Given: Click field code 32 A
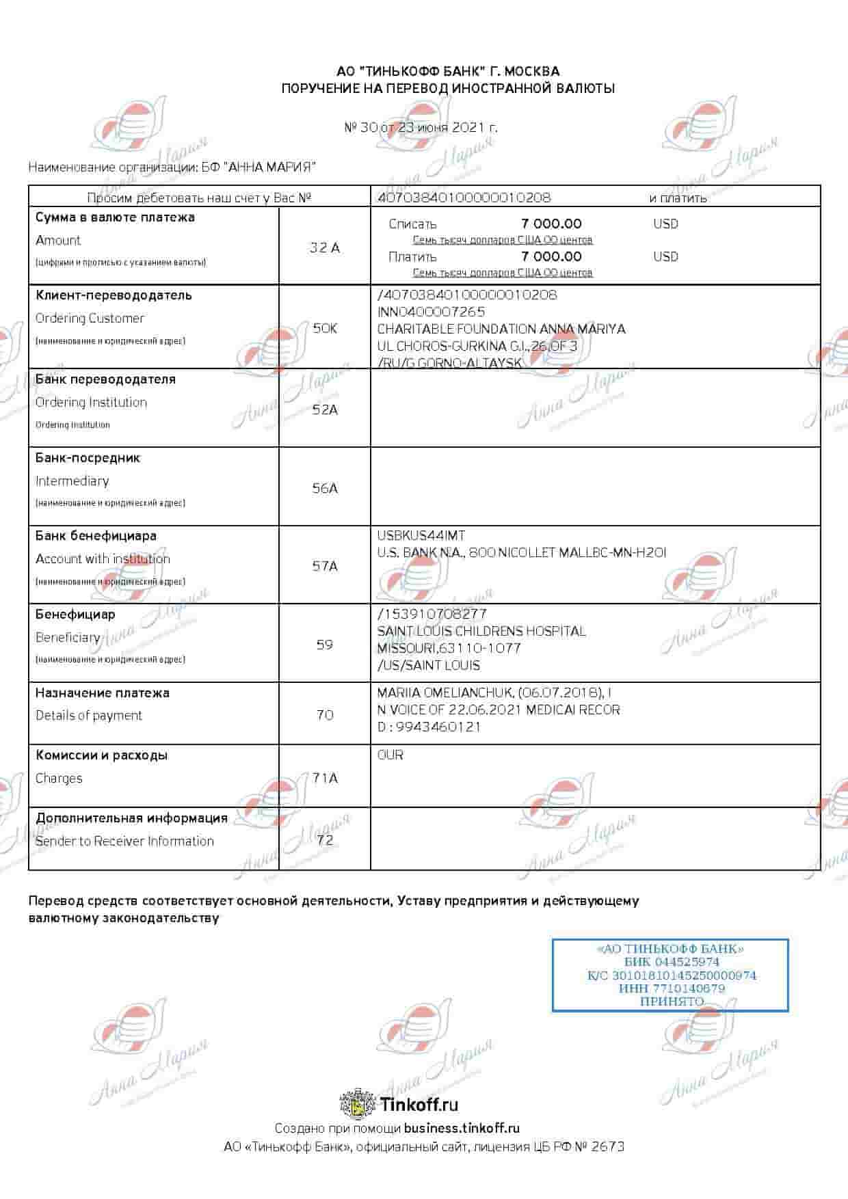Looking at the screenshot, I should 324,247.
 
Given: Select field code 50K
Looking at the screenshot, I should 325,328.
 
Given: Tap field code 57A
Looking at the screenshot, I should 325,566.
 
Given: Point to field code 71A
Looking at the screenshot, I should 325,778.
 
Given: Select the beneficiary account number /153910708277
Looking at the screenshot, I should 432,614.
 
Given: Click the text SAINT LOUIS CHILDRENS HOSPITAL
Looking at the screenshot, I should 481,631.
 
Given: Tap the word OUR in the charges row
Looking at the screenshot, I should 390,755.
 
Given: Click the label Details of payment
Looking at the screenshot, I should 89,715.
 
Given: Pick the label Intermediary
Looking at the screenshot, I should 72,481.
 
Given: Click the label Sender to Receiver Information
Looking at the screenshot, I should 124,841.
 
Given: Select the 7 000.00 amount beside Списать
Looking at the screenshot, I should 551,224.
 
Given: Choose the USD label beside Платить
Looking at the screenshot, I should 665,256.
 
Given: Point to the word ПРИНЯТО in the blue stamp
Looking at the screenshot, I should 672,1001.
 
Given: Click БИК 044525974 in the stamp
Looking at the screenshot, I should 672,962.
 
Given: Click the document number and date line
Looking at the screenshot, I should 421,127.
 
